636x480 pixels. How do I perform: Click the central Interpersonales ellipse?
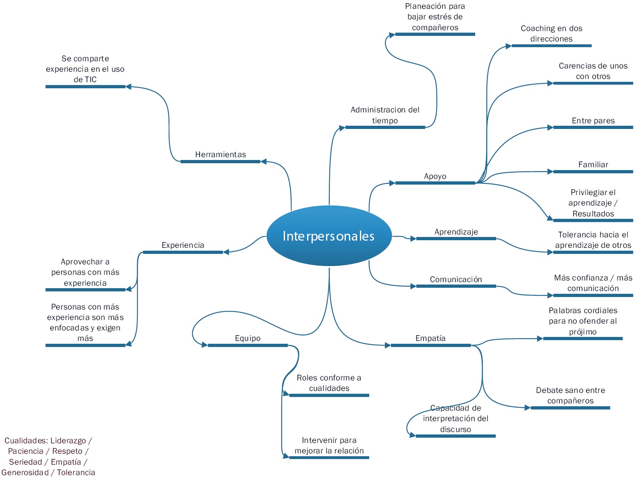(329, 235)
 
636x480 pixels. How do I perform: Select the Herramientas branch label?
(220, 154)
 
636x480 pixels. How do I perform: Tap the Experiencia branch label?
(183, 245)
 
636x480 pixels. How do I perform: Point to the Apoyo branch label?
(435, 176)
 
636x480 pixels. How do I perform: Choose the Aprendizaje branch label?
(456, 232)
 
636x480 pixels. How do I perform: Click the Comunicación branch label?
(456, 279)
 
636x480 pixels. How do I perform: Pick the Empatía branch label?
(430, 338)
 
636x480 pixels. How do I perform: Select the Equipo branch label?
(248, 338)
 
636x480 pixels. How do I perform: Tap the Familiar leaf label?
(593, 164)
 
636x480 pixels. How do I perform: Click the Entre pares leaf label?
(593, 121)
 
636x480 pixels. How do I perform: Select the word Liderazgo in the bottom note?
(68, 441)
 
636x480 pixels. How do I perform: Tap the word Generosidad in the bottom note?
(25, 472)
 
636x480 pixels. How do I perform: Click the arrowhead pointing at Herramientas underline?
(263, 161)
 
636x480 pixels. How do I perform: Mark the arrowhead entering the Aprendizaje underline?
(413, 239)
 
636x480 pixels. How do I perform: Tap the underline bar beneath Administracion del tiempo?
(385, 127)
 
